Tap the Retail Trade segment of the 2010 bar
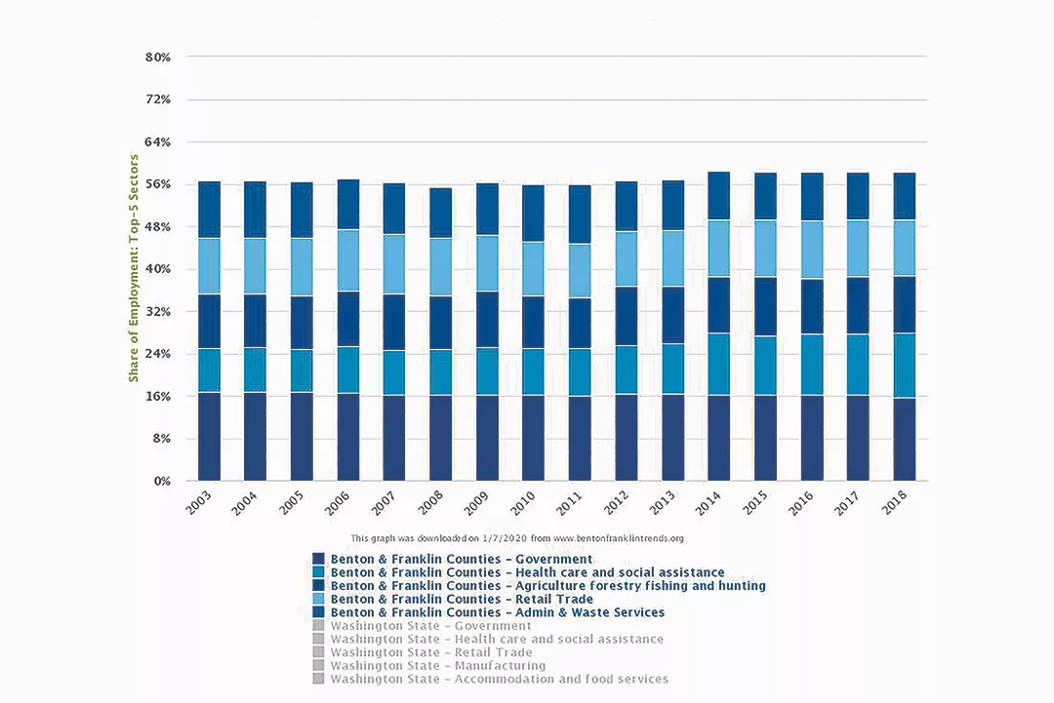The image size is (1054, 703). click(x=534, y=268)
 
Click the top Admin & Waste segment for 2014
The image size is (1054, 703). click(x=719, y=196)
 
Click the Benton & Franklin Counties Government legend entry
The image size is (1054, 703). click(x=462, y=560)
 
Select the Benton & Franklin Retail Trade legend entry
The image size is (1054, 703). click(x=462, y=600)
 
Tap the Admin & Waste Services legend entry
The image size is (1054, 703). click(x=498, y=613)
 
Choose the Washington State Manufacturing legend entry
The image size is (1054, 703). click(x=437, y=666)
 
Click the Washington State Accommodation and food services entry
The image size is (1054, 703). click(x=499, y=680)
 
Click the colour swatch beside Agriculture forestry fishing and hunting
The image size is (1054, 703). click(x=318, y=586)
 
